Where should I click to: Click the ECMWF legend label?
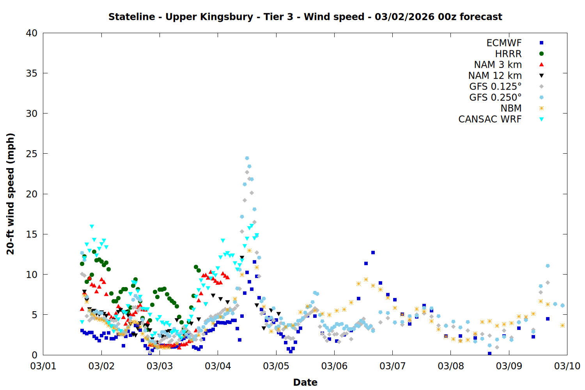pyautogui.click(x=504, y=43)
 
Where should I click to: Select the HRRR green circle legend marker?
pyautogui.click(x=541, y=54)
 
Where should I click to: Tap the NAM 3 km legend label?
pyautogui.click(x=498, y=65)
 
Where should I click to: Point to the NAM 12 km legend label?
pyautogui.click(x=495, y=76)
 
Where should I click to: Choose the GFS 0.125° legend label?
pyautogui.click(x=495, y=87)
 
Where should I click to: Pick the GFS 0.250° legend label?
pyautogui.click(x=495, y=97)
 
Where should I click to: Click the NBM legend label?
pyautogui.click(x=511, y=108)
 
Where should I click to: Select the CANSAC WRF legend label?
pyautogui.click(x=490, y=119)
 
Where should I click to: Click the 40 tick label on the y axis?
pyautogui.click(x=32, y=33)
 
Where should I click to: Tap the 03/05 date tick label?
pyautogui.click(x=276, y=366)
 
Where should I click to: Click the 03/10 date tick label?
pyautogui.click(x=567, y=366)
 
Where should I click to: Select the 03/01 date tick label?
pyautogui.click(x=43, y=366)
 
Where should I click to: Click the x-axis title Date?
pyautogui.click(x=305, y=382)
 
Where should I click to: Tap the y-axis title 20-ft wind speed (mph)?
pyautogui.click(x=11, y=194)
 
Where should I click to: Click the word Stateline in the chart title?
pyautogui.click(x=131, y=17)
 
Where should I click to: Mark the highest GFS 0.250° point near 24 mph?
pyautogui.click(x=247, y=158)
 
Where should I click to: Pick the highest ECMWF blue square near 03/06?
pyautogui.click(x=373, y=252)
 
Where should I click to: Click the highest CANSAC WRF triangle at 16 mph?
pyautogui.click(x=92, y=226)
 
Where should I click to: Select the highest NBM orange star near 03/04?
pyautogui.click(x=249, y=250)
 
